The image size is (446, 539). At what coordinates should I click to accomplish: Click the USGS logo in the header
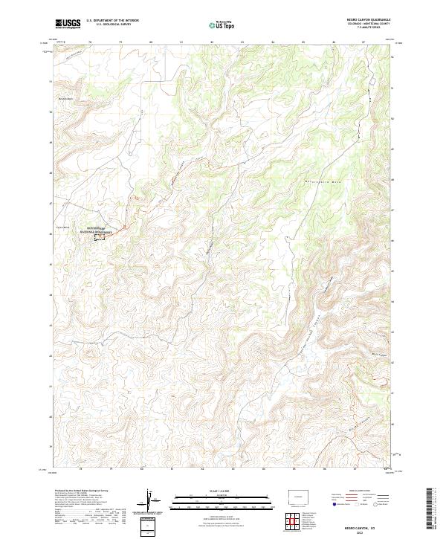tap(68, 24)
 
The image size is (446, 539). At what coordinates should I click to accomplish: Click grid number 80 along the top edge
tap(151, 43)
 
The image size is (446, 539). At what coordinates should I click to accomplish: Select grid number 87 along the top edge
tap(363, 43)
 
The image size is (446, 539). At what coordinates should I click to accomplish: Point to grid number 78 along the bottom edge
tap(91, 469)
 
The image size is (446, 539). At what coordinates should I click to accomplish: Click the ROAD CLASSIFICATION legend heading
tap(363, 491)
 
